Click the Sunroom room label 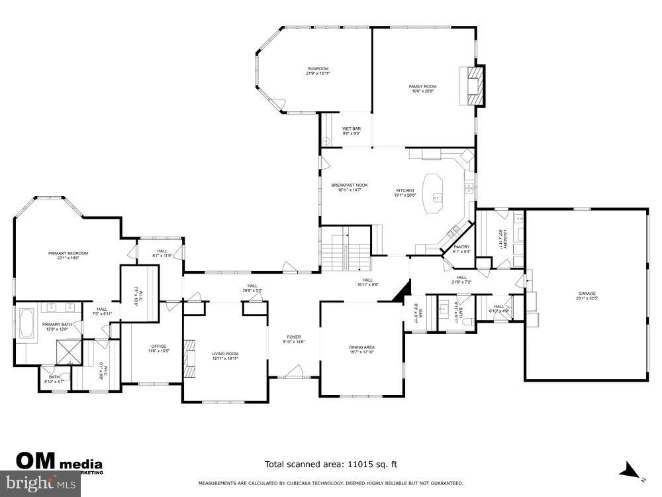click(317, 71)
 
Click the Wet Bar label click(351, 131)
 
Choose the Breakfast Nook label click(350, 187)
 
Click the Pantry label click(461, 249)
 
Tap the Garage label click(587, 296)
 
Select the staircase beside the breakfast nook click(344, 252)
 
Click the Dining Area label click(362, 349)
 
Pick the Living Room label click(224, 356)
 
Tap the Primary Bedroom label click(68, 255)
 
